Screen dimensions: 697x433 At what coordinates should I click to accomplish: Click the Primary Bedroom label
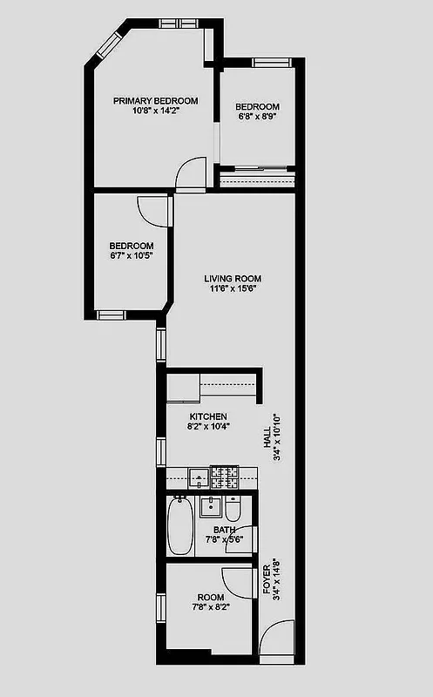pos(155,101)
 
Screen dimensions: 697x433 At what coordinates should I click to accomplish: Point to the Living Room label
pos(231,279)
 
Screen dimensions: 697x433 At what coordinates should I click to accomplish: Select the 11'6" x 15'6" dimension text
pos(231,289)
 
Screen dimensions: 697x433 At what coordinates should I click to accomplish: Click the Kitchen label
pos(208,416)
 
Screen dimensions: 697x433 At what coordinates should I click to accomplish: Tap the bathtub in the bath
pos(181,525)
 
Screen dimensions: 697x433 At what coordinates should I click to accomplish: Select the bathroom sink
pos(209,506)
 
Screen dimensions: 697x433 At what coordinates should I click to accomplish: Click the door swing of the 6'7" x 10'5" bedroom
pos(150,210)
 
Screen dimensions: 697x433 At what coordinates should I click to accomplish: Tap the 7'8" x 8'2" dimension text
pos(208,608)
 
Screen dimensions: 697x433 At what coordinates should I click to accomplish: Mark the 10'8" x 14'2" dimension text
pos(155,112)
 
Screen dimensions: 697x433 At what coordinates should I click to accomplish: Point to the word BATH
pos(224,530)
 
